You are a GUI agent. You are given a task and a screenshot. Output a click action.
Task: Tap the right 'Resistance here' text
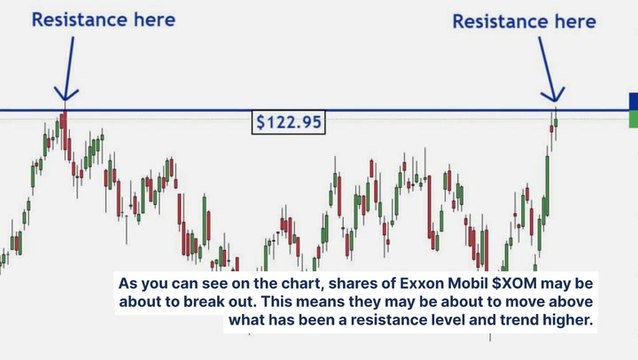point(524,21)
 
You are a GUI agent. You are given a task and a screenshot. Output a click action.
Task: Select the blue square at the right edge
point(632,101)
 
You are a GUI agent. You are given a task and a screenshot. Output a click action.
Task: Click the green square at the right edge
point(632,119)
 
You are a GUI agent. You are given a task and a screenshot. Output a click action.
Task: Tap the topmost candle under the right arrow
point(555,121)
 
